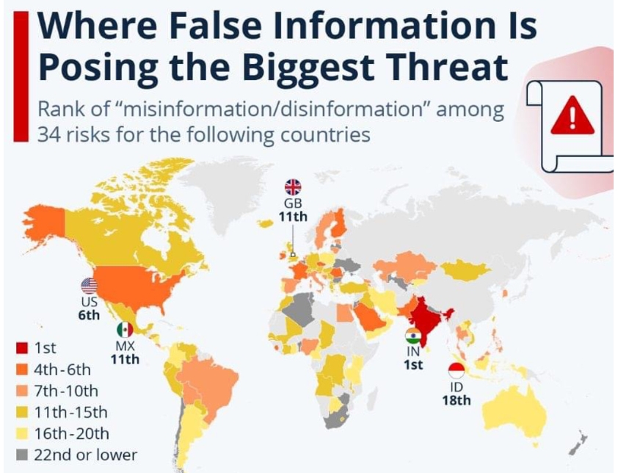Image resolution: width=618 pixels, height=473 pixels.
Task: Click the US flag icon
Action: pyautogui.click(x=89, y=286)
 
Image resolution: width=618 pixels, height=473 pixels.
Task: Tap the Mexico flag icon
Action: pyautogui.click(x=125, y=330)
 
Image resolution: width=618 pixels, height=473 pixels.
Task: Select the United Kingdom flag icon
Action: pyautogui.click(x=293, y=187)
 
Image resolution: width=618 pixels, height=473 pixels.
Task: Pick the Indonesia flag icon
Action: pyautogui.click(x=456, y=372)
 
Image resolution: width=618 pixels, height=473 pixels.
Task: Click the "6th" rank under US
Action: pyautogui.click(x=89, y=315)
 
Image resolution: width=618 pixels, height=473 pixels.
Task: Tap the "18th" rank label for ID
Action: pyautogui.click(x=456, y=400)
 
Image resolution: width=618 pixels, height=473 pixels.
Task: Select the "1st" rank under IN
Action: pyautogui.click(x=414, y=365)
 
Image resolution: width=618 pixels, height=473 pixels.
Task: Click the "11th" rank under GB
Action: pyautogui.click(x=293, y=217)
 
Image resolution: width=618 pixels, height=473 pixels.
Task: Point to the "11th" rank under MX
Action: pyautogui.click(x=125, y=359)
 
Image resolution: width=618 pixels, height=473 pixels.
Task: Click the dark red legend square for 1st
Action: pyautogui.click(x=23, y=348)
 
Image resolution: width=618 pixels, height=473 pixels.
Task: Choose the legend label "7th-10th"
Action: pyautogui.click(x=65, y=391)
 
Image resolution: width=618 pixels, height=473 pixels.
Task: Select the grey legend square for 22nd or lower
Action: pyautogui.click(x=23, y=455)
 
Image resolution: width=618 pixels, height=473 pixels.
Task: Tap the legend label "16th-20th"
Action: pyautogui.click(x=70, y=433)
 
